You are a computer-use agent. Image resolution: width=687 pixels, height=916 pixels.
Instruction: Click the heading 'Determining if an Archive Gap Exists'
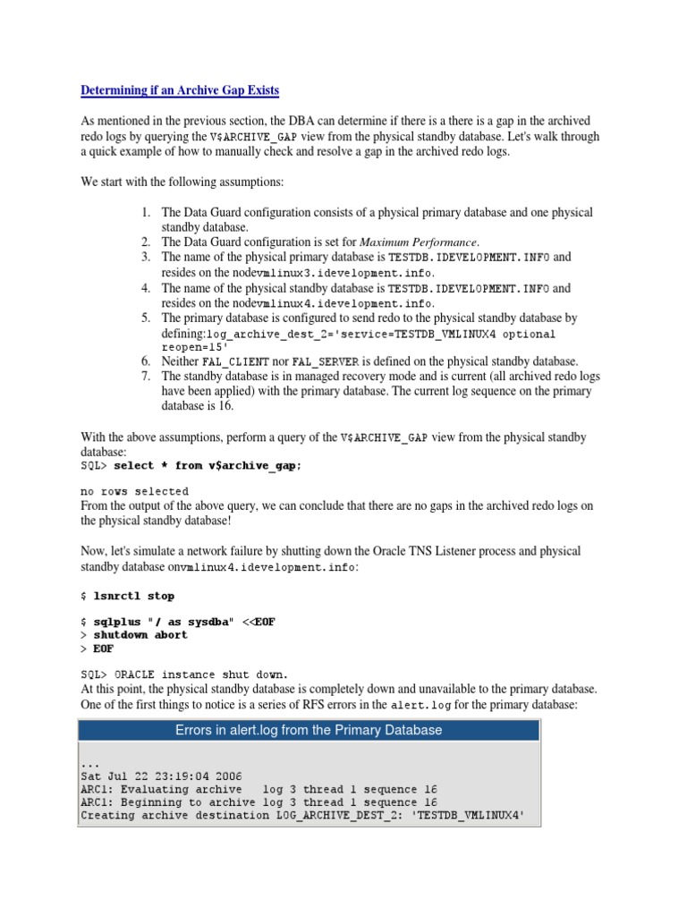pos(180,90)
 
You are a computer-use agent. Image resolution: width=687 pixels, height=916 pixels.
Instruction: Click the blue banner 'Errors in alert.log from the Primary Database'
pos(309,730)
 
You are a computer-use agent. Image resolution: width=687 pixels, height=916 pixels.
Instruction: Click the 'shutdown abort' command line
pos(140,635)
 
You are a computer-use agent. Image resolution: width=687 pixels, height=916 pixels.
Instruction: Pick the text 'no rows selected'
pos(134,491)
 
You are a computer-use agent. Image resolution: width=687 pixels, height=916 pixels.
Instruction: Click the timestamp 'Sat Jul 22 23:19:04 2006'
pos(160,776)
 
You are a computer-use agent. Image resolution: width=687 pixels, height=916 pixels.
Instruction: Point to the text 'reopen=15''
pos(195,347)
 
